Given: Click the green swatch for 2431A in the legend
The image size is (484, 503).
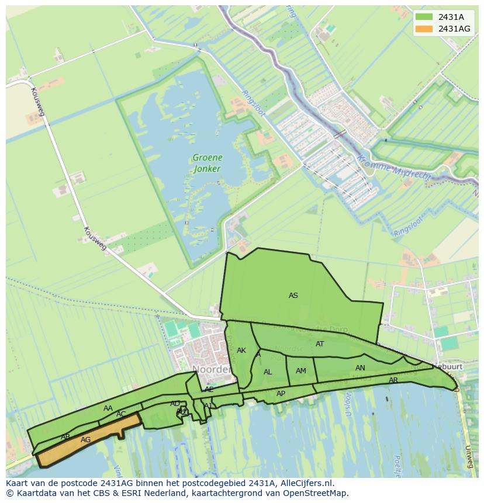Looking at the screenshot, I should click(x=425, y=17).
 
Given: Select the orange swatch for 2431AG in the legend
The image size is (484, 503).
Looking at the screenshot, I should click(x=425, y=29).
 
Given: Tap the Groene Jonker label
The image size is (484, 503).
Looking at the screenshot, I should click(x=207, y=163).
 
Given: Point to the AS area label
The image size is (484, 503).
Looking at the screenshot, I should click(x=293, y=296).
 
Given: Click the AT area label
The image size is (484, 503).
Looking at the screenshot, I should click(x=320, y=344).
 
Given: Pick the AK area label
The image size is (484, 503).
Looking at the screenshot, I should click(x=241, y=351).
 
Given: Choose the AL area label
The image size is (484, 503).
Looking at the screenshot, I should click(x=268, y=372).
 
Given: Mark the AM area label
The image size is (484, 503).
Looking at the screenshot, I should click(x=301, y=371).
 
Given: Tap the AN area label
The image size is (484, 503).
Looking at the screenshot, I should click(x=360, y=368).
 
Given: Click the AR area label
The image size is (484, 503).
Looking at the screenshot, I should click(x=393, y=381).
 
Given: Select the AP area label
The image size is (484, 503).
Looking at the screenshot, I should click(x=281, y=394).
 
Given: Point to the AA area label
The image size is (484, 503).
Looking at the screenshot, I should click(x=108, y=408).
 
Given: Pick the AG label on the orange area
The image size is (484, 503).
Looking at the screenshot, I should click(x=85, y=440).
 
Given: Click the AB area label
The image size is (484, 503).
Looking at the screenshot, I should click(x=65, y=437).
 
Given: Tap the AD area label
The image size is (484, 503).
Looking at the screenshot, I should click(x=175, y=404).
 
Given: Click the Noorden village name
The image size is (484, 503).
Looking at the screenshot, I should click(x=210, y=370).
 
